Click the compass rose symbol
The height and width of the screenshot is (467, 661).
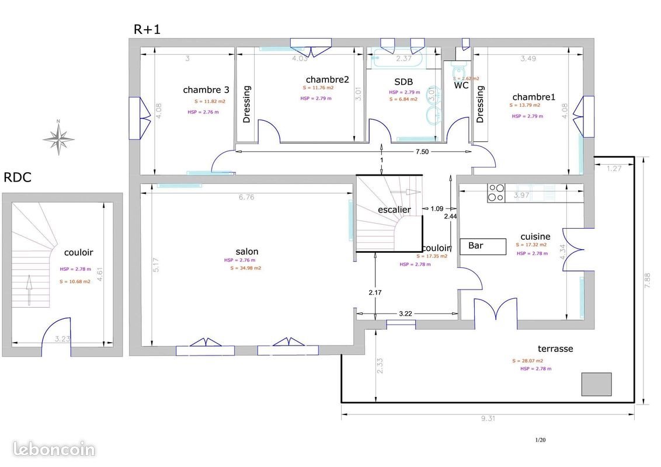pos(58,138)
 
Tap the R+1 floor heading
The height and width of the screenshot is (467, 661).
pos(147,29)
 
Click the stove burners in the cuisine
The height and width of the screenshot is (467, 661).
pos(496,193)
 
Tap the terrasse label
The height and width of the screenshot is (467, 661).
pos(554,348)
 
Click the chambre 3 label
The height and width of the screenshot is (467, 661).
pos(206,90)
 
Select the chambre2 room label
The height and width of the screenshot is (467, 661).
pos(327,79)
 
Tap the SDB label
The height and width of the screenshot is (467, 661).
pos(403,82)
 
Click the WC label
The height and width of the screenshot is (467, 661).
pos(461,85)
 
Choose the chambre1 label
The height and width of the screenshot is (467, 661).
pos(534,96)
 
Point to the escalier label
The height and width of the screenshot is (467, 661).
pos(394,210)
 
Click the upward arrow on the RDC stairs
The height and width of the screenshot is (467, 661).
pos(28,291)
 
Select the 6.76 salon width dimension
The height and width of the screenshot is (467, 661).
pos(246,197)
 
